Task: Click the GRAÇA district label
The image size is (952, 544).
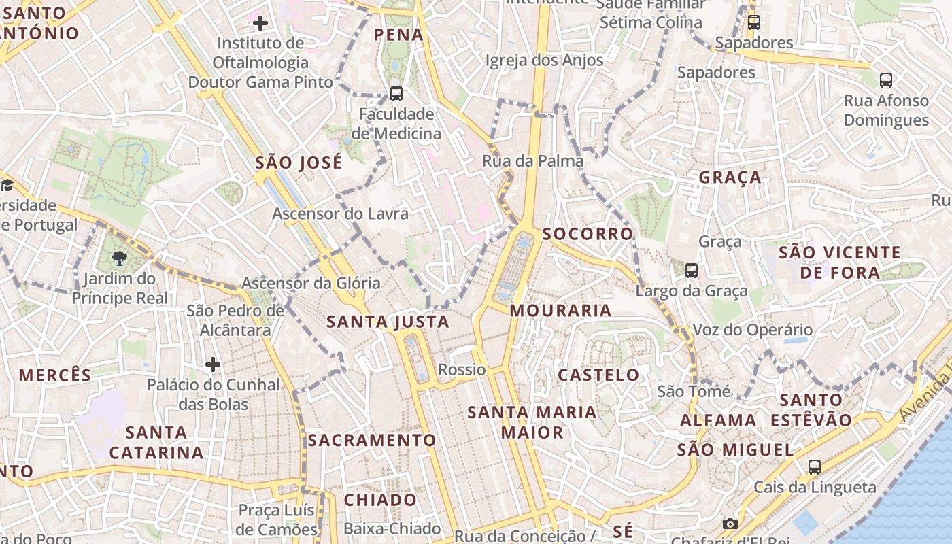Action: (x=730, y=177)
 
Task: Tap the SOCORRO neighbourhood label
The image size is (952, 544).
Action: (x=588, y=234)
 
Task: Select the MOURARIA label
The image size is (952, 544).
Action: (x=560, y=311)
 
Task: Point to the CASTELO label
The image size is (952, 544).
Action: (x=598, y=375)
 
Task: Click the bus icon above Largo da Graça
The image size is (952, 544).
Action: (x=692, y=270)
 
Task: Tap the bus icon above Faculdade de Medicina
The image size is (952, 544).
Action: (x=396, y=94)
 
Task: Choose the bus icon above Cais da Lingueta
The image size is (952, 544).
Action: (x=815, y=466)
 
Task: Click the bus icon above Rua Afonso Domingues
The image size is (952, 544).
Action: (x=885, y=80)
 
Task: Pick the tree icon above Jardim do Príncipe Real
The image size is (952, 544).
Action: (x=120, y=258)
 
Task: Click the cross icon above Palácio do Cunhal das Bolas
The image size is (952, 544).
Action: (x=213, y=364)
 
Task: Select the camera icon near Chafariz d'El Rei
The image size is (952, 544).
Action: (x=730, y=524)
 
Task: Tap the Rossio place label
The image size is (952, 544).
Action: (x=462, y=370)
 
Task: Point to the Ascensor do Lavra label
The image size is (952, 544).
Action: (x=341, y=214)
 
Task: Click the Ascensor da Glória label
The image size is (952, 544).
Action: (x=311, y=283)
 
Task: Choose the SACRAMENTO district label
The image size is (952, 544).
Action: (x=371, y=440)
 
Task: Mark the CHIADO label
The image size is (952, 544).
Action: (x=380, y=500)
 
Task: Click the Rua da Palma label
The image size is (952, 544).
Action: (x=533, y=161)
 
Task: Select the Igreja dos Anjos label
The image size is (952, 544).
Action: (x=544, y=61)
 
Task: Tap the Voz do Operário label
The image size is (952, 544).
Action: (x=752, y=330)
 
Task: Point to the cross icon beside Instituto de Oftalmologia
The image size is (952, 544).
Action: (x=260, y=23)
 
